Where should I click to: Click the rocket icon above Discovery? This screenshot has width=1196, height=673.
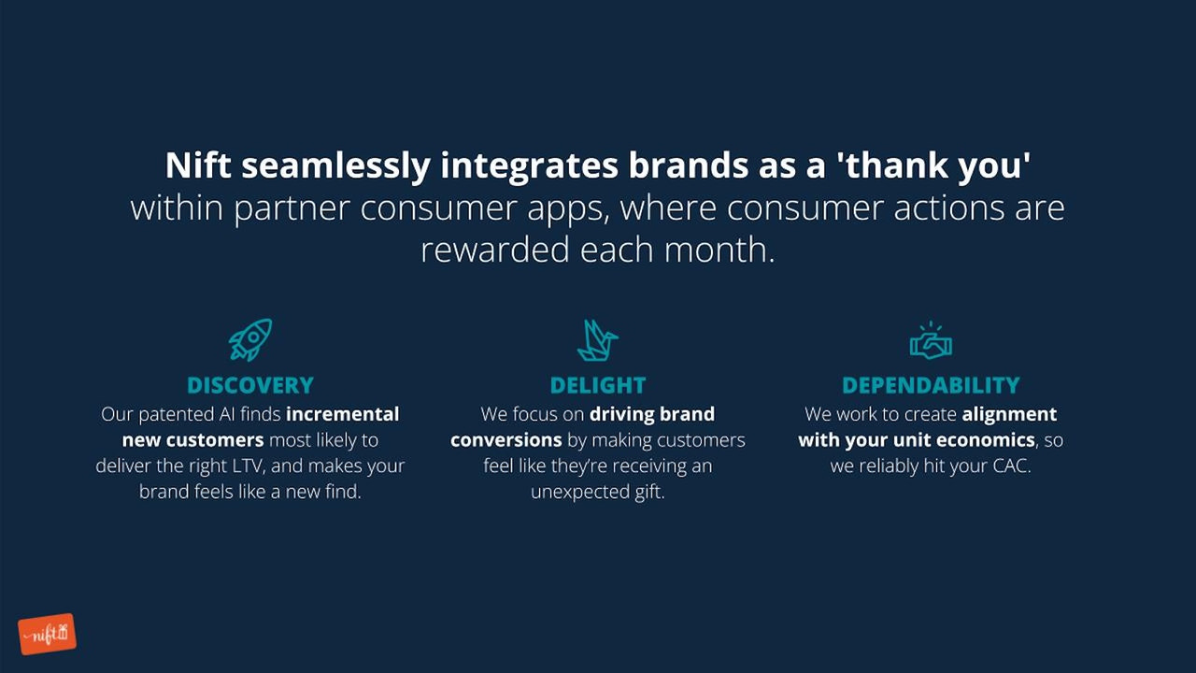pos(250,339)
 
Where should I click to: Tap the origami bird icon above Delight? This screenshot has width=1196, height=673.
pos(597,339)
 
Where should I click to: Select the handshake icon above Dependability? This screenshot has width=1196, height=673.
pos(931,341)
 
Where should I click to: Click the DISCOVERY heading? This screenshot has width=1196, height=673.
pos(250,385)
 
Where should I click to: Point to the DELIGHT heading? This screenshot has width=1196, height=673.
pos(598,385)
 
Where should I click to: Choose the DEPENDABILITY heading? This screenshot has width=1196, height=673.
pos(931,385)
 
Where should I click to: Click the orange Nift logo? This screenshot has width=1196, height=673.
pos(47,635)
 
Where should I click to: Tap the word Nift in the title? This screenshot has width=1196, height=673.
pos(198,165)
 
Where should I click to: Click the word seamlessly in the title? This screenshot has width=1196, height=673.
pos(336,165)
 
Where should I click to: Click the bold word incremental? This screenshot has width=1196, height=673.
pos(342,414)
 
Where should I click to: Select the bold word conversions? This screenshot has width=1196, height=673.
pos(505,439)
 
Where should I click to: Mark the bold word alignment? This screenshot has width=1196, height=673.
pos(1009,414)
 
